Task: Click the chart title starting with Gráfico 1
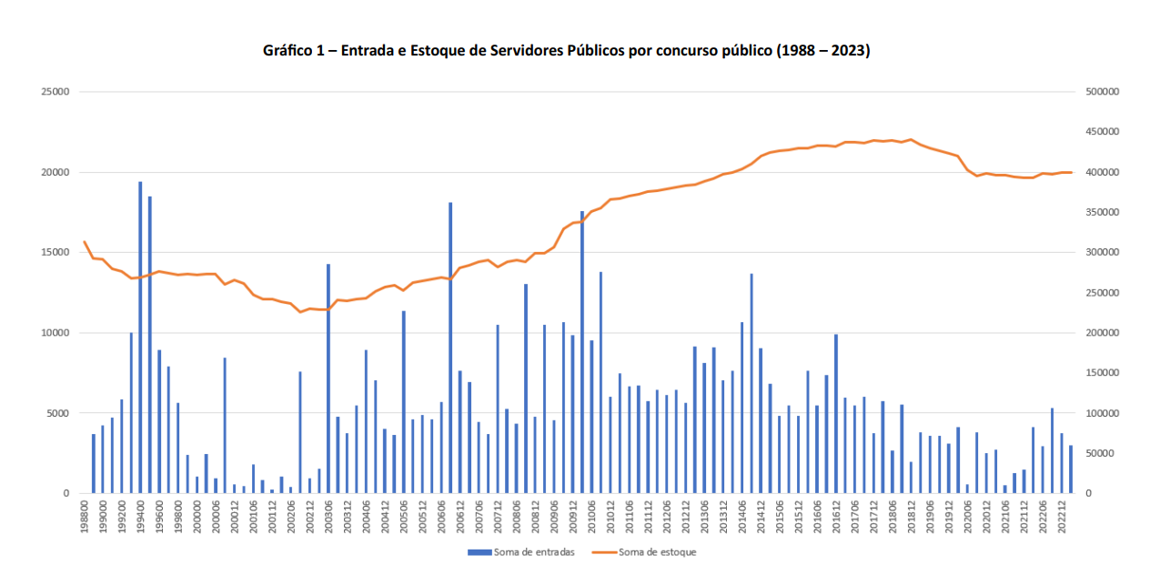point(566,51)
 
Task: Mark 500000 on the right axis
point(1102,92)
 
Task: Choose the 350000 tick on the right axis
point(1102,213)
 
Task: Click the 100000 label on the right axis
point(1102,413)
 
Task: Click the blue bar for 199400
point(140,338)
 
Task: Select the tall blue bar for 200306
point(328,378)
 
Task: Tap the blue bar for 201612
point(836,414)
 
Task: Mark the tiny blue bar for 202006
point(967,489)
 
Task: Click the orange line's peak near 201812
point(911,139)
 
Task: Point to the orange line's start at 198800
point(85,242)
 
